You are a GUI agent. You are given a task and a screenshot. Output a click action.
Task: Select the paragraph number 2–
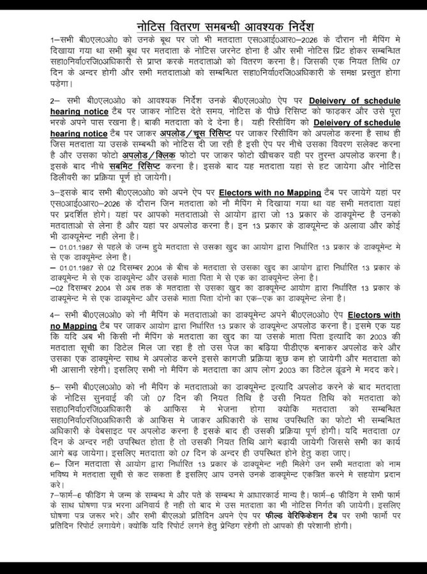(x=56, y=101)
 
